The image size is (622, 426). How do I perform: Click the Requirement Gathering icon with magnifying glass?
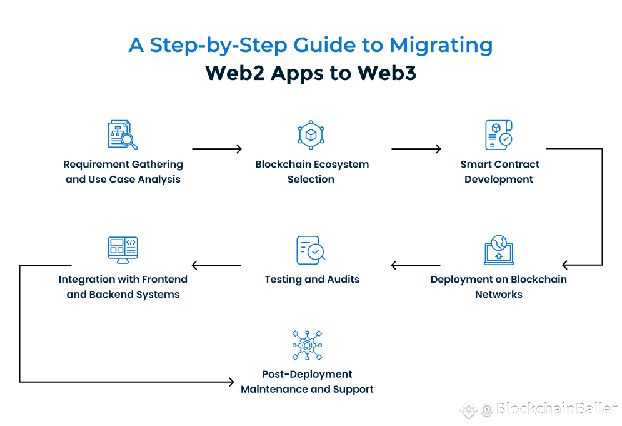123,135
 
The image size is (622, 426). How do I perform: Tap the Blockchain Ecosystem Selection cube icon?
311,134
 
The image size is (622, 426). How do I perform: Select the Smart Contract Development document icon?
499,135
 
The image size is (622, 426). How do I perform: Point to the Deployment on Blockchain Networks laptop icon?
499,250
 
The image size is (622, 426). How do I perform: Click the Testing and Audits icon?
311,250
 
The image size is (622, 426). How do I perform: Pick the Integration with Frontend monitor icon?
123,250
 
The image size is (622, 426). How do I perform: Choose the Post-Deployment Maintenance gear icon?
307,345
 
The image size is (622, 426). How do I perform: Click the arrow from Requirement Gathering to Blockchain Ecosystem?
216,149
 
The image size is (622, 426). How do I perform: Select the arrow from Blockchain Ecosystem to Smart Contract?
416,149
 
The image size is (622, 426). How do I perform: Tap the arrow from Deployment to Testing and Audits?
416,265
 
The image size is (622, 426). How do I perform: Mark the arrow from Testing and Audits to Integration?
216,265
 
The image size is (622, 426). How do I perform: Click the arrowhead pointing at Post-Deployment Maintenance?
231,381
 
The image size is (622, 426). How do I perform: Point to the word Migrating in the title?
441,45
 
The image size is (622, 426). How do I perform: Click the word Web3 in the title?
387,73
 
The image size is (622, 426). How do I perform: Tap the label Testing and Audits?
312,280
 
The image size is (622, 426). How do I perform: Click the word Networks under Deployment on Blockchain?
498,295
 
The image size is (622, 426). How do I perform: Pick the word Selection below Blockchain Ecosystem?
311,180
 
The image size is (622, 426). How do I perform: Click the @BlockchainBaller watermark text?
549,410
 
